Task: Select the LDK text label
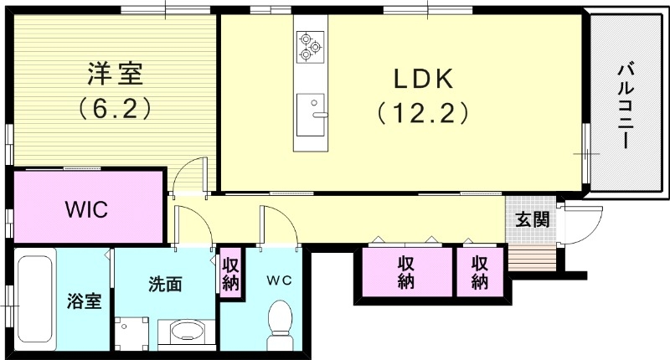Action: pos(424,79)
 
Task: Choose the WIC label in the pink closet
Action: pos(87,209)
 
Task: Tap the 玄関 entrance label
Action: pos(532,220)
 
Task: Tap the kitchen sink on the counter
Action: pos(312,111)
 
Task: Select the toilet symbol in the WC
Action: pos(279,327)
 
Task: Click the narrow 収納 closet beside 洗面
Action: pos(231,272)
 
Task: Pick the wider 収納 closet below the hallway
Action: pos(406,271)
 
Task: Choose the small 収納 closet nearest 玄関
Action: pos(480,271)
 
